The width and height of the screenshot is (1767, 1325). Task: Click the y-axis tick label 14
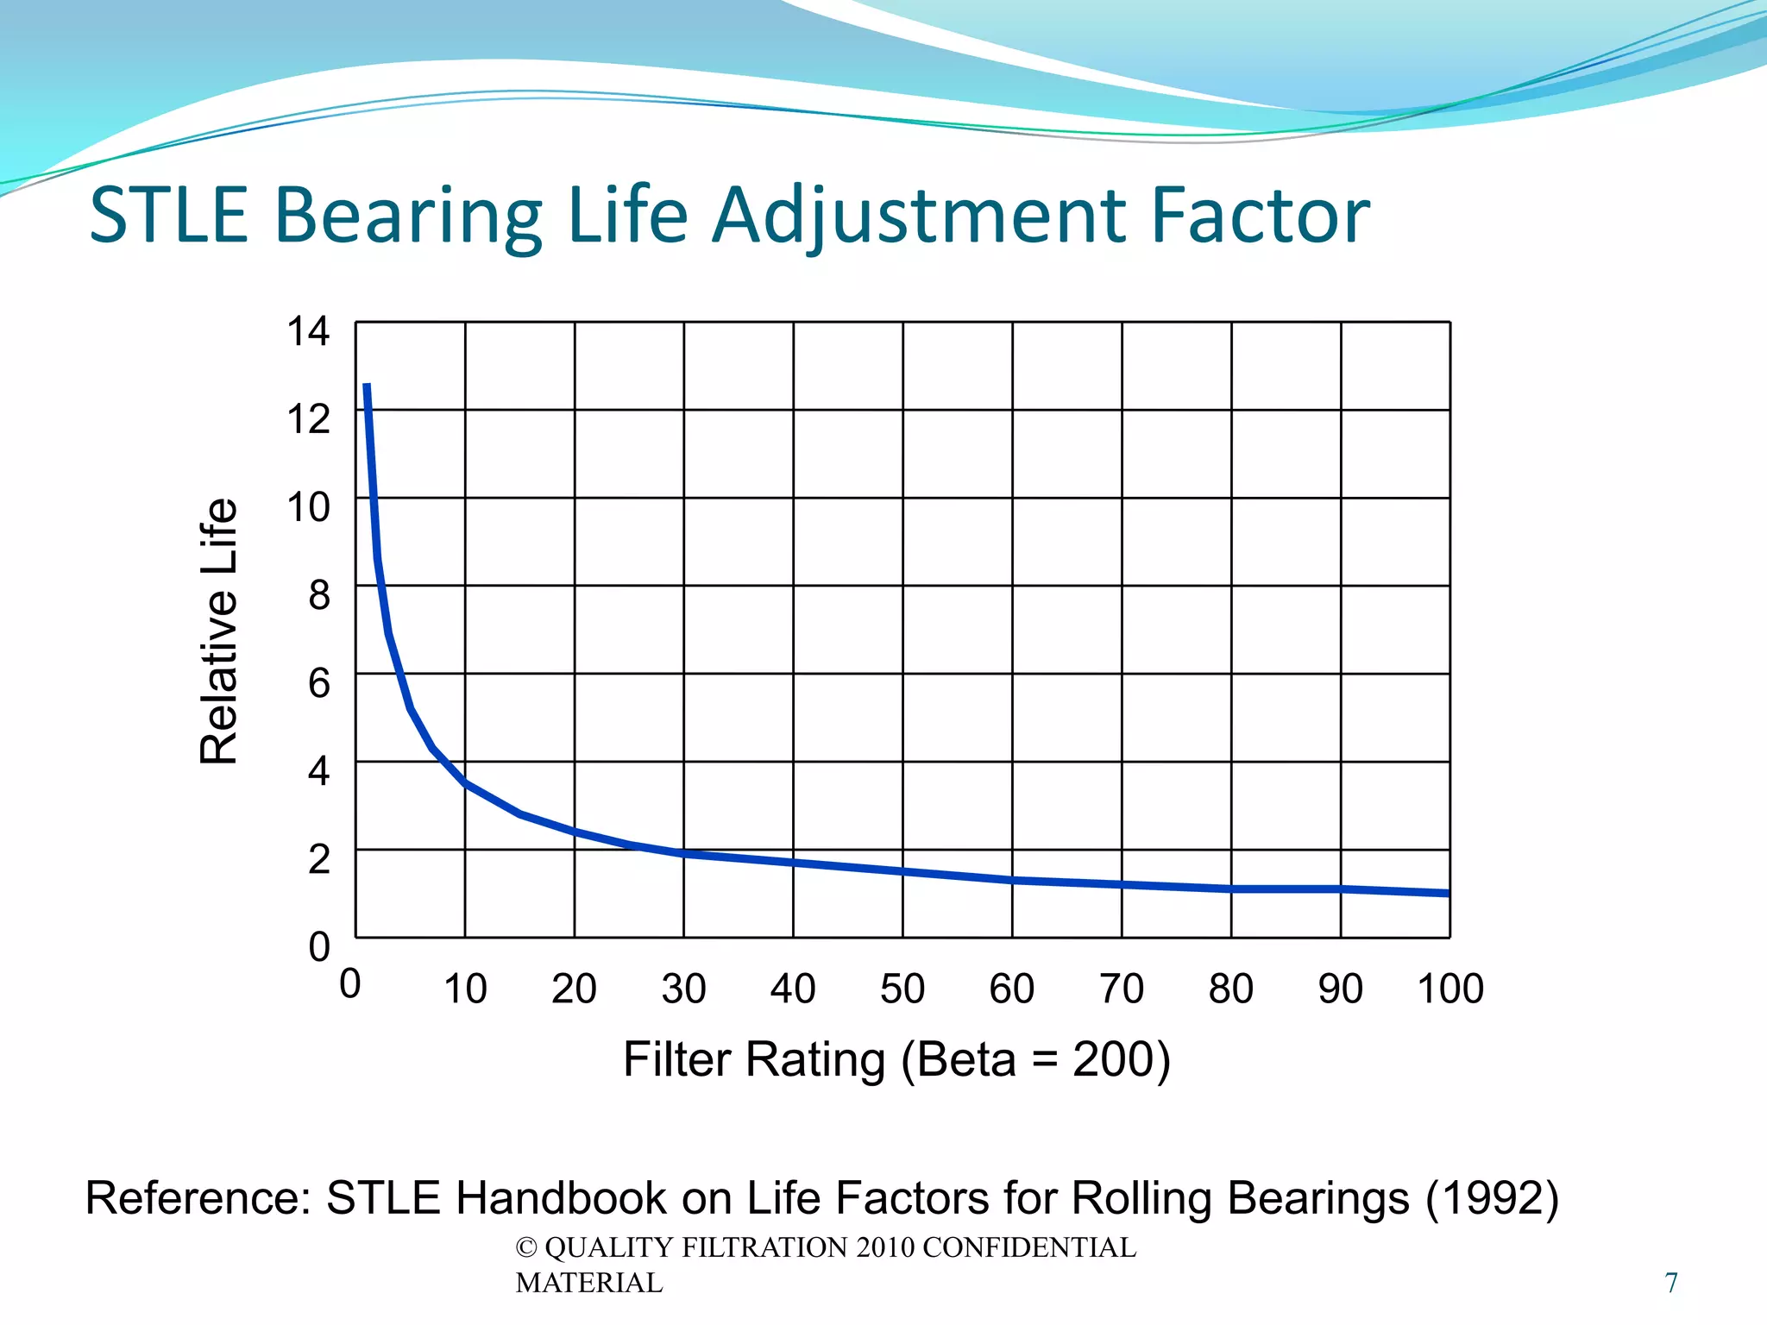pyautogui.click(x=308, y=331)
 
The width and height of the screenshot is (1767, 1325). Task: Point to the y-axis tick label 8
pyautogui.click(x=319, y=595)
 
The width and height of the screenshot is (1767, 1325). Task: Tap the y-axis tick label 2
pyautogui.click(x=319, y=859)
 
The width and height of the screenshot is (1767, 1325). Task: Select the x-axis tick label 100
pyautogui.click(x=1450, y=989)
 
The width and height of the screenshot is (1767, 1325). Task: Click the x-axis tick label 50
pyautogui.click(x=902, y=989)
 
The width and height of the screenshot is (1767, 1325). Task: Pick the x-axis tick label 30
pyautogui.click(x=683, y=989)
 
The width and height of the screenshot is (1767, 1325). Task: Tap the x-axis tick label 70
pyautogui.click(x=1122, y=989)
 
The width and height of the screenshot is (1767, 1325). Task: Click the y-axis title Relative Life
pyautogui.click(x=218, y=631)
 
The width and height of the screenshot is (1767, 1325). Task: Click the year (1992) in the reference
pyautogui.click(x=1492, y=1198)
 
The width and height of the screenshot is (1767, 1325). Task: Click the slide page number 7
pyautogui.click(x=1671, y=1283)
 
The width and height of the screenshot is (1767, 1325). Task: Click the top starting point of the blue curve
pyautogui.click(x=367, y=386)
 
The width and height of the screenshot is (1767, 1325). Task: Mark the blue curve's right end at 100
pyautogui.click(x=1448, y=893)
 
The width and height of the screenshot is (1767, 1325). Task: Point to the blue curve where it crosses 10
pyautogui.click(x=465, y=782)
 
